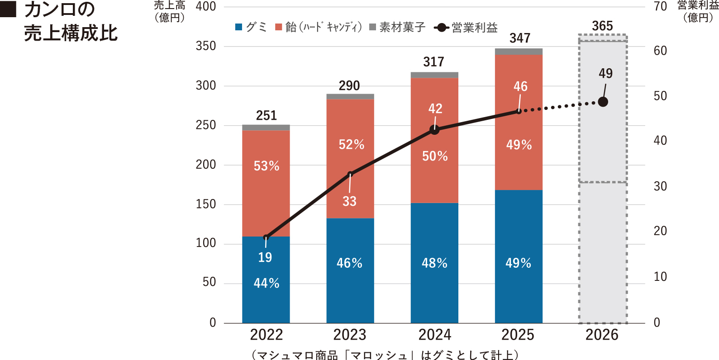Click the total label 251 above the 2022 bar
coord(266,115)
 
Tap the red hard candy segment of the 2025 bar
coord(519,122)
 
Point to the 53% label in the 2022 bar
coord(266,166)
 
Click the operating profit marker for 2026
coord(603,102)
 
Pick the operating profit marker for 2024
coord(434,130)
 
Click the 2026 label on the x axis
coord(602,335)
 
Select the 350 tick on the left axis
coord(205,46)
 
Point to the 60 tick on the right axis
coord(660,51)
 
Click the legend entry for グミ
coord(251,27)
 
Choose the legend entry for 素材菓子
coord(397,27)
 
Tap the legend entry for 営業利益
coord(466,28)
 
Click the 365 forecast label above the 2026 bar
coord(602,26)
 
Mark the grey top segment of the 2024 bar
coord(434,75)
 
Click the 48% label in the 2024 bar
coord(434,263)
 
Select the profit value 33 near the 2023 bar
coord(349,201)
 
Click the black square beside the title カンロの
coord(8,9)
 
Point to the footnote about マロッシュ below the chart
coord(385,355)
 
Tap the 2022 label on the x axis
coord(266,335)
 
